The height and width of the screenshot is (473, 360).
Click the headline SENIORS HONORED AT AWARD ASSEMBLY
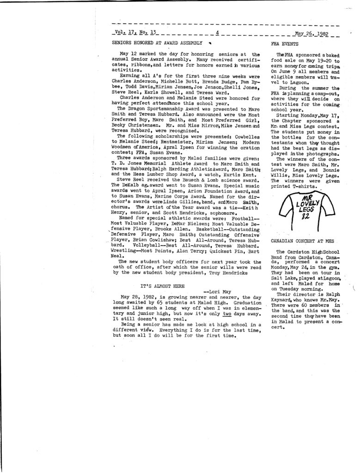tap(157, 42)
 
